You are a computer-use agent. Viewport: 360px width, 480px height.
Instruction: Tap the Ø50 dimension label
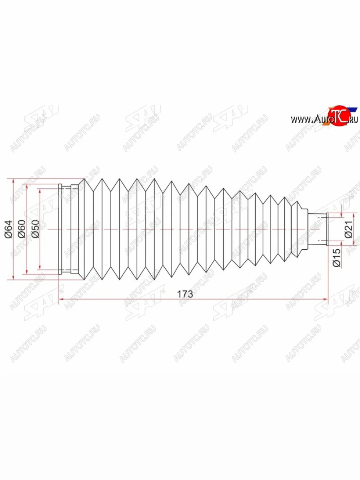click(35, 230)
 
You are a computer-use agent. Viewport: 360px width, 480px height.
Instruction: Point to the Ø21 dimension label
click(349, 230)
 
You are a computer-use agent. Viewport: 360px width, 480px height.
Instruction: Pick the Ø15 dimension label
click(336, 258)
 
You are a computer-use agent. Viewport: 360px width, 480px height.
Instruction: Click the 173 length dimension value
click(185, 294)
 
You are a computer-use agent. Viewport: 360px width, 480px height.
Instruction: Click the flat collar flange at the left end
click(61, 229)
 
